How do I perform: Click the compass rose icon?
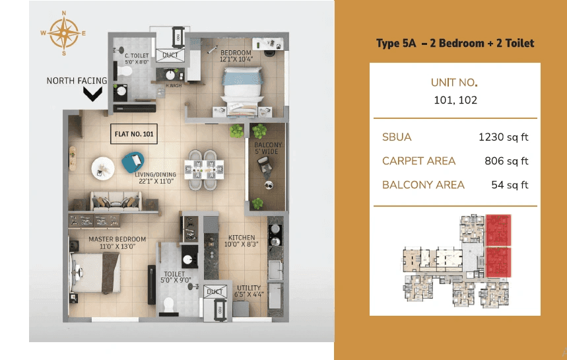[x=64, y=32]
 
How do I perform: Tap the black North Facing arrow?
[x=93, y=94]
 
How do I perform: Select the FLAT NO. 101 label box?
[x=134, y=134]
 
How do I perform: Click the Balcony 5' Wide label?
[x=268, y=149]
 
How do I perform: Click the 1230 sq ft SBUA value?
[x=504, y=137]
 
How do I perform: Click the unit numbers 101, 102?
[x=454, y=100]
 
